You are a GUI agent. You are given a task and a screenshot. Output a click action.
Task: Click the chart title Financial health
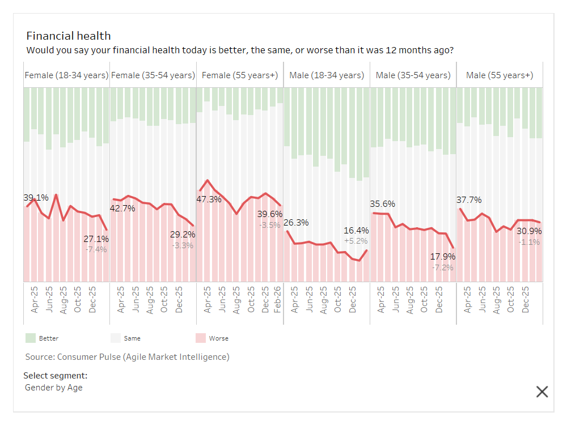(69, 36)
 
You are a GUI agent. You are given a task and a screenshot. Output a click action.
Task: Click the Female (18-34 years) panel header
(66, 75)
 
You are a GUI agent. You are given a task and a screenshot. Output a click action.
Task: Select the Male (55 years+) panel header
(499, 75)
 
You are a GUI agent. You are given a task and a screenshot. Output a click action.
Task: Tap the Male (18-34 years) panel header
(327, 75)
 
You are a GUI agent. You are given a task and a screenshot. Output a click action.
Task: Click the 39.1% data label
(36, 198)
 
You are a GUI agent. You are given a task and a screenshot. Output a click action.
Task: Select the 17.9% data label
(442, 256)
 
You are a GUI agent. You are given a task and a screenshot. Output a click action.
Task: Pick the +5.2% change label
(356, 241)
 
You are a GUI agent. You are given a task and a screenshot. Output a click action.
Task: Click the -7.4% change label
(96, 249)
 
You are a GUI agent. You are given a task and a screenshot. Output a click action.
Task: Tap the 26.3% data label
(297, 223)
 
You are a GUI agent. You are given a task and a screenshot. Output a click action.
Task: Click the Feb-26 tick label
(278, 299)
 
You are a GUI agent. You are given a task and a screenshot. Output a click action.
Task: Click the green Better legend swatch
(31, 338)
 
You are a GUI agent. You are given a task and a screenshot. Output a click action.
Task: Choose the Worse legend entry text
(219, 338)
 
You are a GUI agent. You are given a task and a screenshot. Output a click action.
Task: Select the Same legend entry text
(132, 338)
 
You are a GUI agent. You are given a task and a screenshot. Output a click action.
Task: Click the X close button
(542, 391)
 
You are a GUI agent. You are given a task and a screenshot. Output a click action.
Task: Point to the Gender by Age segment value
(54, 388)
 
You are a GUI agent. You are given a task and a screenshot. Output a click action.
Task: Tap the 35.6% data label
(383, 204)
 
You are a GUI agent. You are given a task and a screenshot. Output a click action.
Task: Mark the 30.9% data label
(528, 231)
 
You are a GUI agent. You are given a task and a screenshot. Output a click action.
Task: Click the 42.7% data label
(122, 209)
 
